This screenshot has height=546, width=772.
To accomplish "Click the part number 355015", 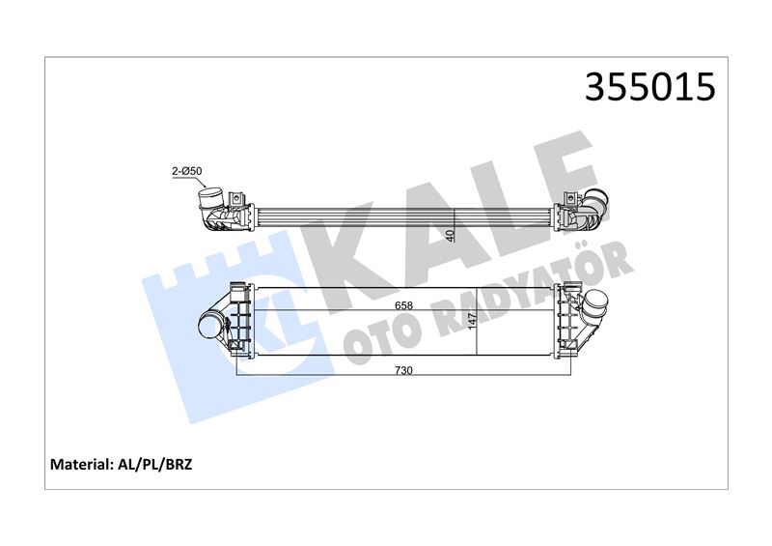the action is (649, 87).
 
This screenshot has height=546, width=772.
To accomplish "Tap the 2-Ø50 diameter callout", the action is (186, 172).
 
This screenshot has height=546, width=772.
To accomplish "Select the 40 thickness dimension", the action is (451, 235).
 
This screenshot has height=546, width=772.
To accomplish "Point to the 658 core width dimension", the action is (403, 305).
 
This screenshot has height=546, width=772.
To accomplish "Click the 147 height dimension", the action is (472, 321).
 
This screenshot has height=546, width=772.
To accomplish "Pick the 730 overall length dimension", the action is (403, 370).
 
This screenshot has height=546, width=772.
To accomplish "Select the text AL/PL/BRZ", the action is (154, 464).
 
